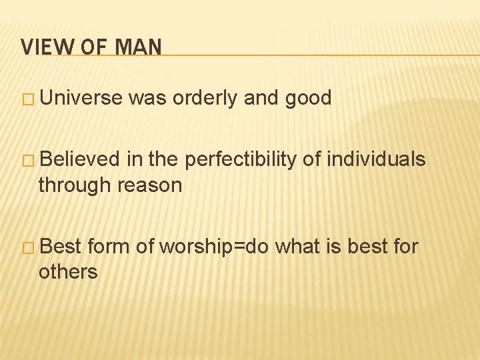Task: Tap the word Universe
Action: (x=81, y=99)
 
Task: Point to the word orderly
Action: (x=206, y=99)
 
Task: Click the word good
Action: (x=307, y=99)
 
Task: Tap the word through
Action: (x=75, y=185)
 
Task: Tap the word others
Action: (x=68, y=271)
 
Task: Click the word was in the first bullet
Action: (x=147, y=99)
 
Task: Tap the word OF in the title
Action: (x=89, y=47)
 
